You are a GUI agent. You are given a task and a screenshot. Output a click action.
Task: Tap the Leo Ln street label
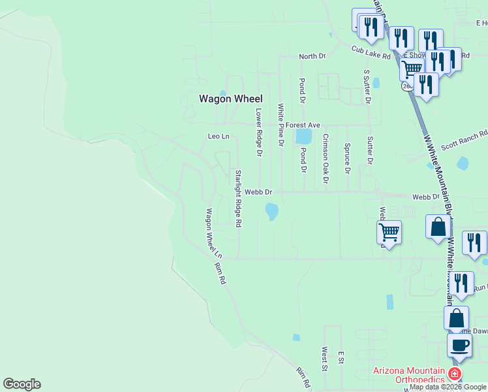(x=219, y=137)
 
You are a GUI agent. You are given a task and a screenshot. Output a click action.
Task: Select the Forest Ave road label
(x=305, y=125)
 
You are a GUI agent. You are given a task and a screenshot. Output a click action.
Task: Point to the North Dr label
(x=312, y=57)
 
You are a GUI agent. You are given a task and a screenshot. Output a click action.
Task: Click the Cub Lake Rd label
(x=370, y=53)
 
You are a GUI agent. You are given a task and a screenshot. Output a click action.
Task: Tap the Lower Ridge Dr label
(x=259, y=133)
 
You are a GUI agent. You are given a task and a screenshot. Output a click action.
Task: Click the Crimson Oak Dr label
(x=325, y=159)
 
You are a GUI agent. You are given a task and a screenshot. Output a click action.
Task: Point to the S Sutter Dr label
(x=367, y=87)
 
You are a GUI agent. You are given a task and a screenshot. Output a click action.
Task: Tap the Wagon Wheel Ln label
(x=214, y=233)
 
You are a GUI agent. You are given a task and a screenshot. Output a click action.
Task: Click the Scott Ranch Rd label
(x=465, y=140)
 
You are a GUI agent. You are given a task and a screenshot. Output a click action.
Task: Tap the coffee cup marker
(x=460, y=345)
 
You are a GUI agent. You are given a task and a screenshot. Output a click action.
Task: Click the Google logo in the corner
(x=22, y=384)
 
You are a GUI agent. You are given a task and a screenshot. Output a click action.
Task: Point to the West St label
(x=324, y=359)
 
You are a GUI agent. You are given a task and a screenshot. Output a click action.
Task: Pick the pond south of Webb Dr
(x=271, y=211)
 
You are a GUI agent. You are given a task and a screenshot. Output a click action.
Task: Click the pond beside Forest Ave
(x=303, y=137)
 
